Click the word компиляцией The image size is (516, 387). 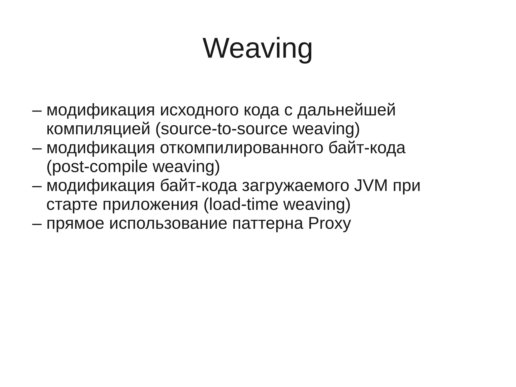98,129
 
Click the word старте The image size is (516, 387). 72,204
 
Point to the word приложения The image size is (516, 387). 150,204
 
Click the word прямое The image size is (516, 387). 75,223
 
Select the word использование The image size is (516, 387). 168,223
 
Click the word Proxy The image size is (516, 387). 330,223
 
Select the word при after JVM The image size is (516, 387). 406,186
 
